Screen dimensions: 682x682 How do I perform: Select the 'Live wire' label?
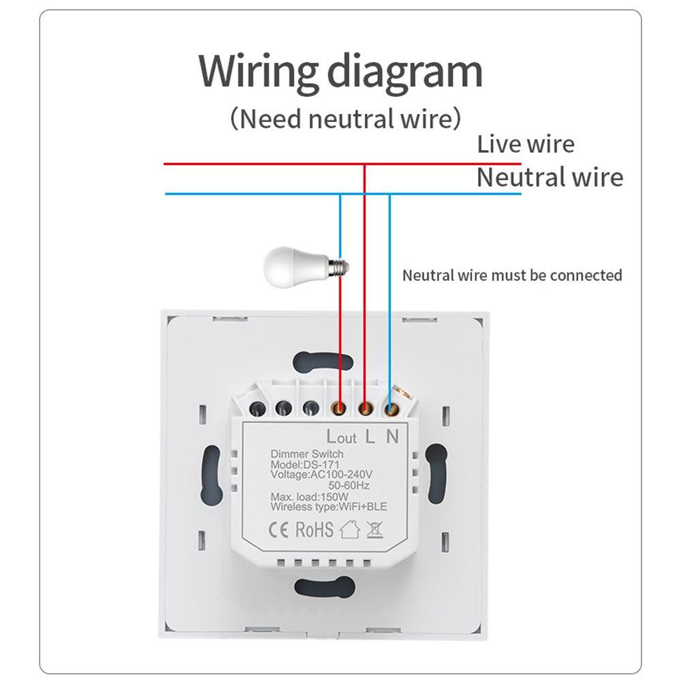525,145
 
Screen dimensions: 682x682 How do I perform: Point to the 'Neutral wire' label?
549,177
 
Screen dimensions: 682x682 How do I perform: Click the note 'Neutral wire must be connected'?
512,276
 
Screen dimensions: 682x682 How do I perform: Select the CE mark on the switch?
282,530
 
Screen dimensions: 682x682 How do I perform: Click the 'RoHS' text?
314,530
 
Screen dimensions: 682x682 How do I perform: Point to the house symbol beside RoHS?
350,529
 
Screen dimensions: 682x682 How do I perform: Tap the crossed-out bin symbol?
374,530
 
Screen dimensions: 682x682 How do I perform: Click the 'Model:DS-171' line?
301,464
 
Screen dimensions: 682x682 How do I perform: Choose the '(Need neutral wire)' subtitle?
345,119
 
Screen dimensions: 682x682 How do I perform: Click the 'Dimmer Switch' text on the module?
307,454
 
